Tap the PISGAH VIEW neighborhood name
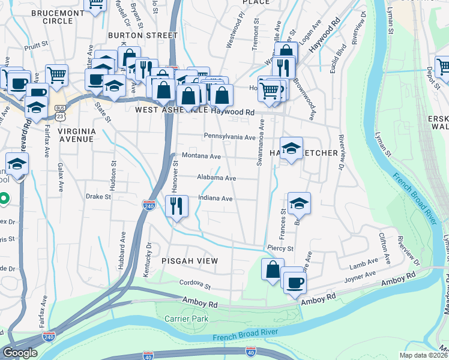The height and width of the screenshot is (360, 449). coord(189,261)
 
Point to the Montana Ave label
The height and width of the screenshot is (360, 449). coord(201,156)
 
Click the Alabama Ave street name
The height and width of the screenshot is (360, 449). coord(216,178)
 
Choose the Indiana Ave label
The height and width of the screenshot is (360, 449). coord(214,199)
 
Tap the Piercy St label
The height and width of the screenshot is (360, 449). coord(280,248)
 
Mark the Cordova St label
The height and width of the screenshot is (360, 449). coord(195,286)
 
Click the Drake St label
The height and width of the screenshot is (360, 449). coord(98,196)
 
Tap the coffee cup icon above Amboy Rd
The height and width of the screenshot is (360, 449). coord(294,282)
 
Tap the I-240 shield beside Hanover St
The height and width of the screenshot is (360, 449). coord(149,205)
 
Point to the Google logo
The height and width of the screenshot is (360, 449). coord(20,352)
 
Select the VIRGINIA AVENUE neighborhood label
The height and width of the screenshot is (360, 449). coord(76,134)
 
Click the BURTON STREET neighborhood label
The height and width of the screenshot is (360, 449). coord(143,35)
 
